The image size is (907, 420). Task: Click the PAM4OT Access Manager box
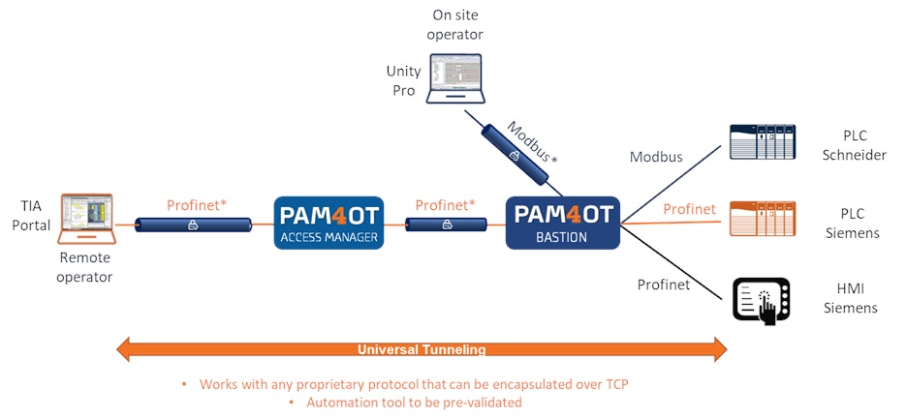click(x=328, y=223)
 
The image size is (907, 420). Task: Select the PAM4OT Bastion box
click(x=563, y=223)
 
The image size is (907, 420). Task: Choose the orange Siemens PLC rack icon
click(x=762, y=219)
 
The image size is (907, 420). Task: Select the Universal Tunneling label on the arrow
click(x=422, y=349)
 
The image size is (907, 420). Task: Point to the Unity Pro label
click(x=403, y=80)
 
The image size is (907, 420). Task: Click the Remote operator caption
click(x=86, y=268)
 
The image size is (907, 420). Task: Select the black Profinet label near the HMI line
click(x=664, y=285)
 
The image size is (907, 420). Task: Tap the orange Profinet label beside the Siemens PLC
click(x=690, y=209)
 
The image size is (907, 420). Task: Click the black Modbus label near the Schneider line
click(x=656, y=157)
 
